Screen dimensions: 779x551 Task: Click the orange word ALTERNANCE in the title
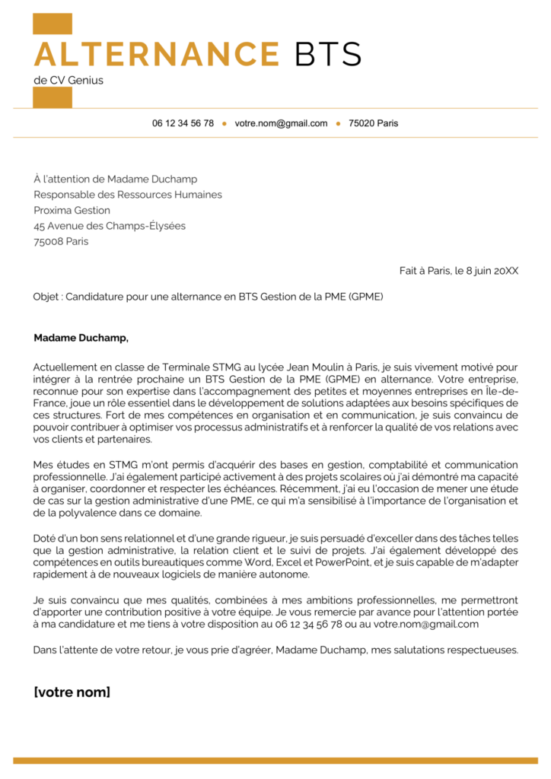click(x=157, y=54)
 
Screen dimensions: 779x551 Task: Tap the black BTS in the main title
click(x=328, y=54)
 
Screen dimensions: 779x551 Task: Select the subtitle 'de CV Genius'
click(x=68, y=80)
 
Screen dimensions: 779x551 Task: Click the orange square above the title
click(x=53, y=24)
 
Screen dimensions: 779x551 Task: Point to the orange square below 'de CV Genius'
click(x=53, y=97)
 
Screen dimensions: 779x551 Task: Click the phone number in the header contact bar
click(x=183, y=123)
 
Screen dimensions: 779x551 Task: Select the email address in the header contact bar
click(x=281, y=123)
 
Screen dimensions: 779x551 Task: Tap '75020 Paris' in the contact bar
click(x=373, y=123)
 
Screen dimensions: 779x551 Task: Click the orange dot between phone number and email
click(x=225, y=123)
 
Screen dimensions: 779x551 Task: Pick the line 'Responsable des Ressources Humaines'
click(x=128, y=195)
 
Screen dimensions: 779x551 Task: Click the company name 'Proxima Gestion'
click(x=72, y=211)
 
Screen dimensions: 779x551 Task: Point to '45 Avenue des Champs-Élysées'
click(x=110, y=226)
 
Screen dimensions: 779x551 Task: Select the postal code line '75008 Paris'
click(x=61, y=241)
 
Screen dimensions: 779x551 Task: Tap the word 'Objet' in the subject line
click(x=47, y=297)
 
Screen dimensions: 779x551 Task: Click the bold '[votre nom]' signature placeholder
click(x=72, y=692)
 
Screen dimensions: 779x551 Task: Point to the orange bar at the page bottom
click(x=275, y=760)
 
